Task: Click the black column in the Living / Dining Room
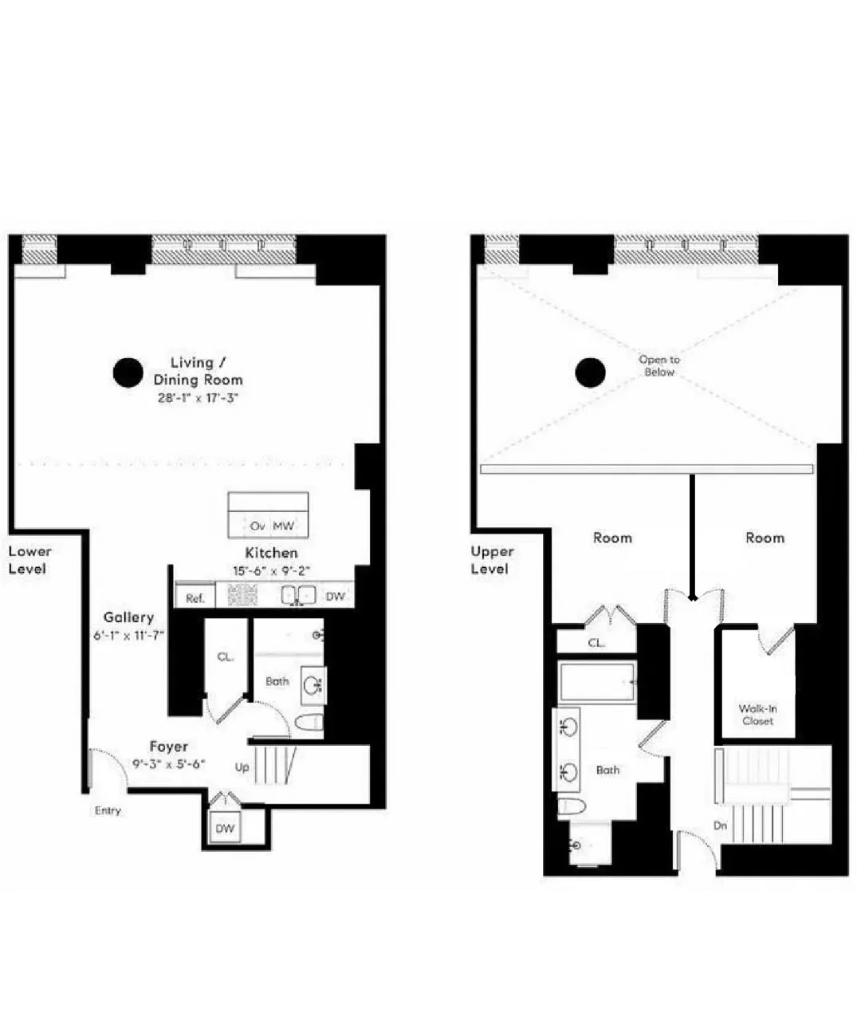(128, 373)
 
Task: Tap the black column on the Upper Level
(591, 372)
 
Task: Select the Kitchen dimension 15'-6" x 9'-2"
(271, 570)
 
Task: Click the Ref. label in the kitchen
(195, 598)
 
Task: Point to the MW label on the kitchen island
(284, 526)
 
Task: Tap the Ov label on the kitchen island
(257, 526)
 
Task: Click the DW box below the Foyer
(226, 828)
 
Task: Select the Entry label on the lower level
(108, 810)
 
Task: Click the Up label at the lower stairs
(242, 767)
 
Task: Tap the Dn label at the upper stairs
(720, 826)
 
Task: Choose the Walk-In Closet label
(757, 715)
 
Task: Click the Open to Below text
(659, 366)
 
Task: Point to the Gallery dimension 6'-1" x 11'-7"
(128, 636)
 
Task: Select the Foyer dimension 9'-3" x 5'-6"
(169, 763)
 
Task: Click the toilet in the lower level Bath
(309, 723)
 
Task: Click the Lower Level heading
(29, 560)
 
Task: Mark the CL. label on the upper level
(596, 643)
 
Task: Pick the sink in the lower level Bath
(312, 685)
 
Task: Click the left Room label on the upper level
(612, 538)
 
